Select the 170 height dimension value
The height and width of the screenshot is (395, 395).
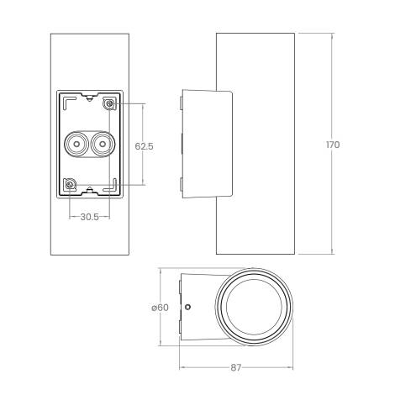(333, 145)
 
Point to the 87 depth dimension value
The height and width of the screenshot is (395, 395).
(236, 367)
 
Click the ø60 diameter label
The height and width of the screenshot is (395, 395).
(162, 308)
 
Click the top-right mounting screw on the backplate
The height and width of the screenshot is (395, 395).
(108, 103)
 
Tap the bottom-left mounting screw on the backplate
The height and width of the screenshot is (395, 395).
(71, 185)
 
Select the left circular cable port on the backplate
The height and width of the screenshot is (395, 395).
(75, 145)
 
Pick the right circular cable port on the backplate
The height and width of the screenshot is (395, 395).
(102, 145)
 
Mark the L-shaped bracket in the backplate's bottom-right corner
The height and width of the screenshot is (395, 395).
(111, 188)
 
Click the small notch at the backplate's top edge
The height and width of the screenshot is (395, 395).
(88, 97)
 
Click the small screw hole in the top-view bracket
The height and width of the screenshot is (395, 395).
(187, 307)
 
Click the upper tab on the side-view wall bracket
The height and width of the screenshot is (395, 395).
(181, 103)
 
